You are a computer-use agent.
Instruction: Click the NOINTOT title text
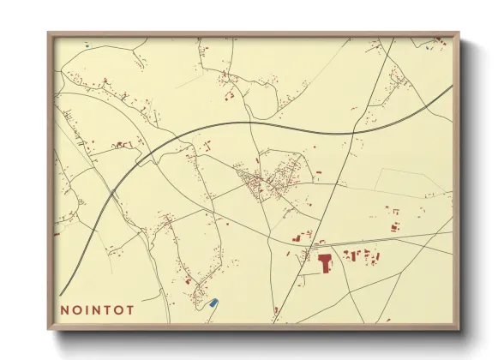tap(97, 310)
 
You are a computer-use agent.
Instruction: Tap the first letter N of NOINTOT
tap(65, 310)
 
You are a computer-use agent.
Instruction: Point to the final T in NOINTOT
tap(129, 310)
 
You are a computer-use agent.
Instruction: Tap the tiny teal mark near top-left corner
tap(87, 44)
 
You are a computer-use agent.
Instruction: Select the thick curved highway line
tap(257, 122)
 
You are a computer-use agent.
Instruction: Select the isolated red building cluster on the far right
tap(395, 227)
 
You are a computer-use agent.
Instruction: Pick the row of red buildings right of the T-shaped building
tap(358, 255)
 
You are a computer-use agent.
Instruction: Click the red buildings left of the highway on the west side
tap(122, 145)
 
